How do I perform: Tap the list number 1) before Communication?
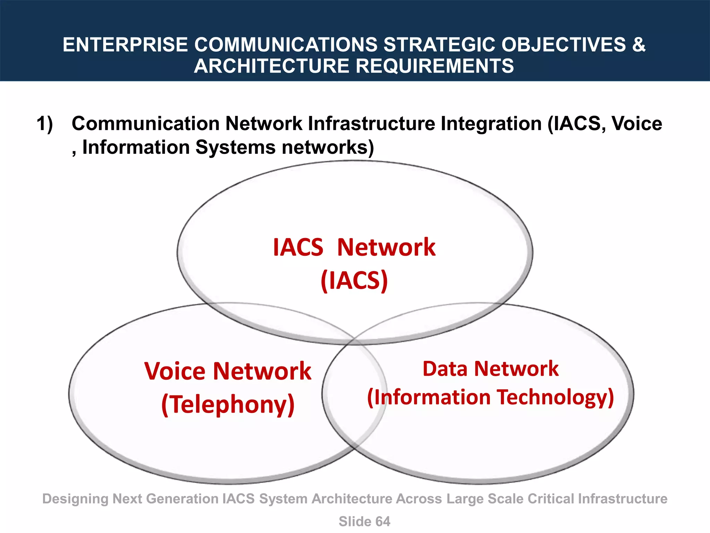point(45,124)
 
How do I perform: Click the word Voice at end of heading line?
point(637,124)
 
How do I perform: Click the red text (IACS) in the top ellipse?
point(354,280)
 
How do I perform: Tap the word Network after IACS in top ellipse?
point(386,247)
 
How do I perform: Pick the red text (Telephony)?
point(228,405)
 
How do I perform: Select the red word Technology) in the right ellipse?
point(555,397)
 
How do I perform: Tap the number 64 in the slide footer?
point(382,522)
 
